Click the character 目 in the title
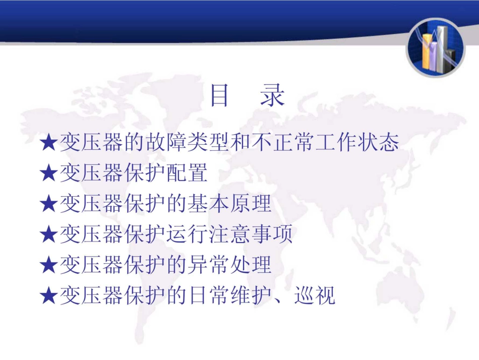219,95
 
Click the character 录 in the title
272,95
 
